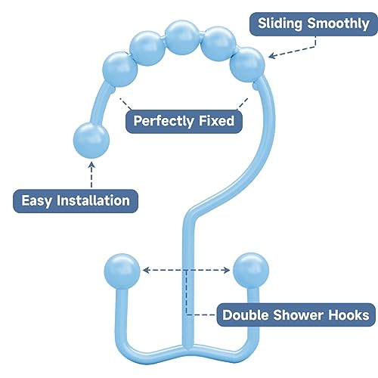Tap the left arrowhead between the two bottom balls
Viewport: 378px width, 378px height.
click(x=146, y=269)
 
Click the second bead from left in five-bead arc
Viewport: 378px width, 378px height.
click(x=147, y=48)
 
